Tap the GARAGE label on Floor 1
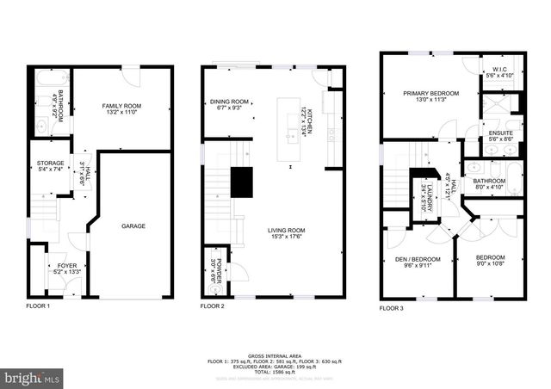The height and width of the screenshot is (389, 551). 133,226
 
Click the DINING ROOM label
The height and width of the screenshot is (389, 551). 229,102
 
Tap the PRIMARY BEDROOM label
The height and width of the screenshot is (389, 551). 431,93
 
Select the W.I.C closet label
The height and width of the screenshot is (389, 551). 499,71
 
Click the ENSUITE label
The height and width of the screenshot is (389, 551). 500,133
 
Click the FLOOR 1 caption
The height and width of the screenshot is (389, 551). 38,306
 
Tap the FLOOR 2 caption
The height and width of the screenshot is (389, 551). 213,306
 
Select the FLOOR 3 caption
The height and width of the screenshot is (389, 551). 393,307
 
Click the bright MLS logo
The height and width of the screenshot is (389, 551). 32,377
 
